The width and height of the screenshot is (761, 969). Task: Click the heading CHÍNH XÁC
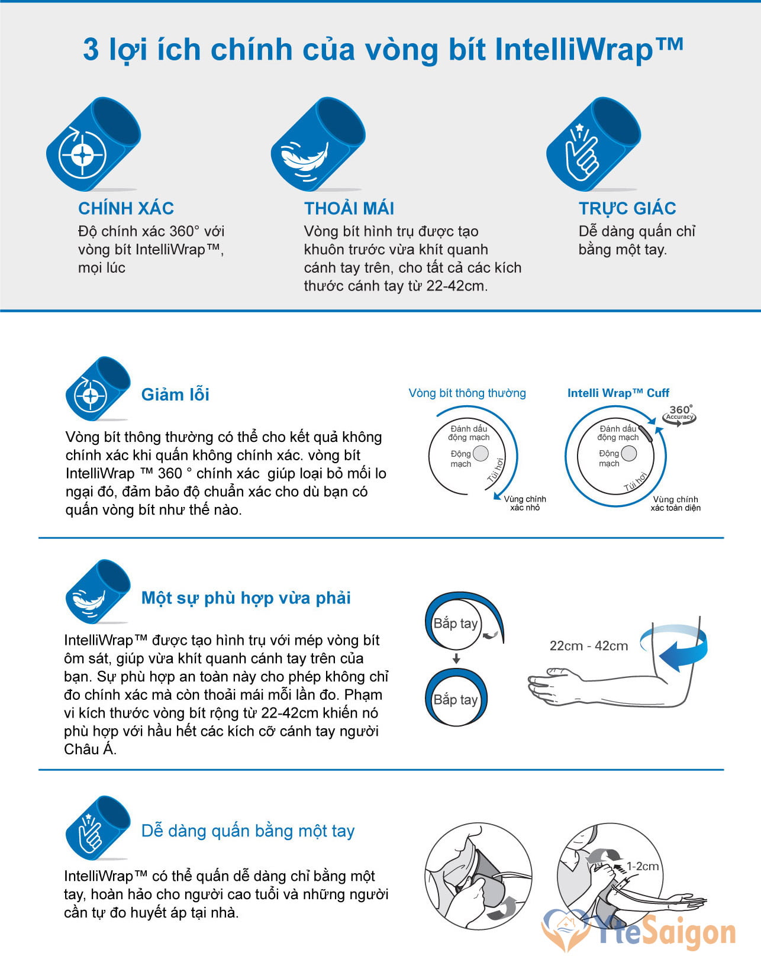coord(126,208)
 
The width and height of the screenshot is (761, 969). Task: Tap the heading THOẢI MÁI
coord(349,208)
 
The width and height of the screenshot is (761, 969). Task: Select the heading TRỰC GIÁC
coord(627,209)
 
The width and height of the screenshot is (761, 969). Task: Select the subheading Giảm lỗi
coord(175,395)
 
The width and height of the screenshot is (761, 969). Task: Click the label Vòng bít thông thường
coord(467,393)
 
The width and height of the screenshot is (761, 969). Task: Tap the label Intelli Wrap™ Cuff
coord(618,393)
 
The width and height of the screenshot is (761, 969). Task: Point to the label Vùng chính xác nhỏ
coord(524,503)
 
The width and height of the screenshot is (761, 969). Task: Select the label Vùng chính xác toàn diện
coord(675,503)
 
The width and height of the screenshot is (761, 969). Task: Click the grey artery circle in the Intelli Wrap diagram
coord(628,454)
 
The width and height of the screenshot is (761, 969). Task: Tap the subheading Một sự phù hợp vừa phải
coord(246,598)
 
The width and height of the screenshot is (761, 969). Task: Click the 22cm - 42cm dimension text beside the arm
coord(588,645)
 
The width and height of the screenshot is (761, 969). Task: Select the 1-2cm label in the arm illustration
coord(642,866)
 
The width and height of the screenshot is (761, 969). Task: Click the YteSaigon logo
coord(638,934)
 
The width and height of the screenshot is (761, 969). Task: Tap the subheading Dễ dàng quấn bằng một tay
coord(248,832)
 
